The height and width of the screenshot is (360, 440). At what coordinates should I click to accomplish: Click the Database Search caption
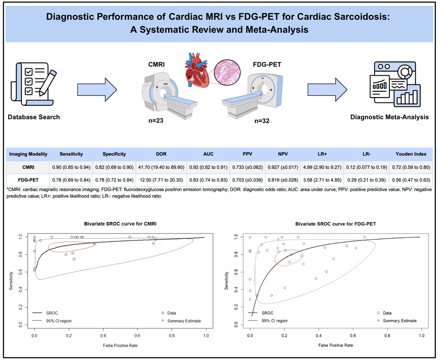coord(34,117)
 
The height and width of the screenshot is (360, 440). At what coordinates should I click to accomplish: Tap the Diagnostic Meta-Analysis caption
coord(389,117)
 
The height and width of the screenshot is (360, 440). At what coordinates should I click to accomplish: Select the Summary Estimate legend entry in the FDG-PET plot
coord(400,321)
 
